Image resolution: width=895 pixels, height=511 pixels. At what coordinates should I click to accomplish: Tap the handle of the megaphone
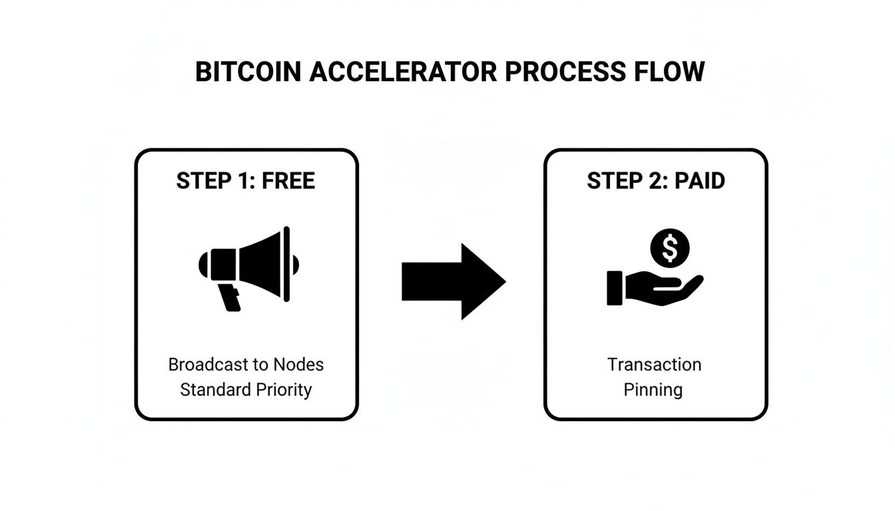click(230, 297)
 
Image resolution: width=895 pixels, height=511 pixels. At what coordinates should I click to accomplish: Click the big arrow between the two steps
click(453, 281)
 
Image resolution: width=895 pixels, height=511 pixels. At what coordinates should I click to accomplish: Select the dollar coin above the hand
click(670, 249)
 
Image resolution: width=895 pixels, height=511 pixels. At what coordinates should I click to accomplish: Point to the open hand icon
click(653, 288)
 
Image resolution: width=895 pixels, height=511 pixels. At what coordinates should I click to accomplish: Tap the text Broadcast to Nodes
click(246, 365)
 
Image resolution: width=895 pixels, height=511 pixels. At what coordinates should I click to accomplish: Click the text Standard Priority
click(246, 389)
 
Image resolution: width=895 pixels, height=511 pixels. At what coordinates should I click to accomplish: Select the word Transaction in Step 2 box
click(654, 365)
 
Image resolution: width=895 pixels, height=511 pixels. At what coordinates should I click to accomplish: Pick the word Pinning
click(653, 389)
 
